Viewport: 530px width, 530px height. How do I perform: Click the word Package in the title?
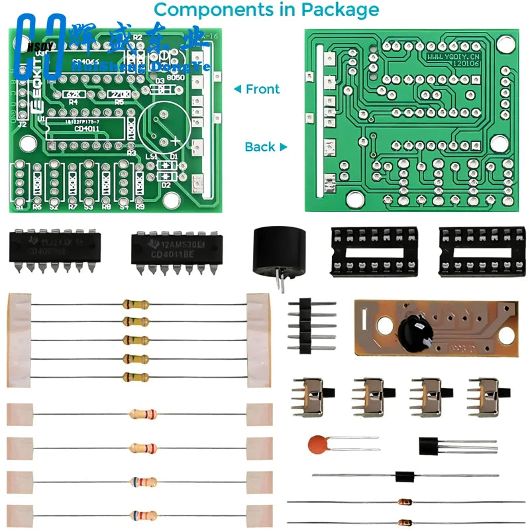pyautogui.click(x=340, y=10)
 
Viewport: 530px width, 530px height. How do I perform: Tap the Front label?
pyautogui.click(x=262, y=89)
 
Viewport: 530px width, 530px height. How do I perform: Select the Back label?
pyautogui.click(x=260, y=146)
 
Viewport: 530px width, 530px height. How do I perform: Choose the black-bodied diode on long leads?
pyautogui.click(x=404, y=476)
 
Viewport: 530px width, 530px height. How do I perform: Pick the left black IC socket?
pyautogui.click(x=375, y=250)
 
